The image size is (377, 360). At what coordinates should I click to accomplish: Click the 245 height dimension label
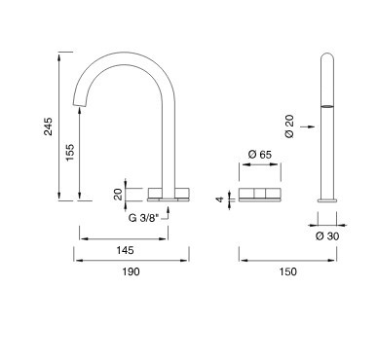(x=48, y=126)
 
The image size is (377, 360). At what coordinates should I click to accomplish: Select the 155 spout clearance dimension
(x=70, y=152)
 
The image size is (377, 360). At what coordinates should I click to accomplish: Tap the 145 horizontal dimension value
(x=125, y=250)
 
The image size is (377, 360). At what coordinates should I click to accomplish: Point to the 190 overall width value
(x=132, y=271)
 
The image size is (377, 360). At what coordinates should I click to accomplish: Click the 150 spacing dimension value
(x=287, y=271)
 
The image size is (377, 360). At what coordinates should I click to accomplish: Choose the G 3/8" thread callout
(x=143, y=218)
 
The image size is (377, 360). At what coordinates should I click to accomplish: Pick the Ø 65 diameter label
(x=260, y=155)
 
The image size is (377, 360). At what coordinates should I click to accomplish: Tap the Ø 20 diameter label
(x=289, y=126)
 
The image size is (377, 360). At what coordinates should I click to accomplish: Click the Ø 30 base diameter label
(x=327, y=236)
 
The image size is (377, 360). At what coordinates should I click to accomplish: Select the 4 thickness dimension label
(x=220, y=199)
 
